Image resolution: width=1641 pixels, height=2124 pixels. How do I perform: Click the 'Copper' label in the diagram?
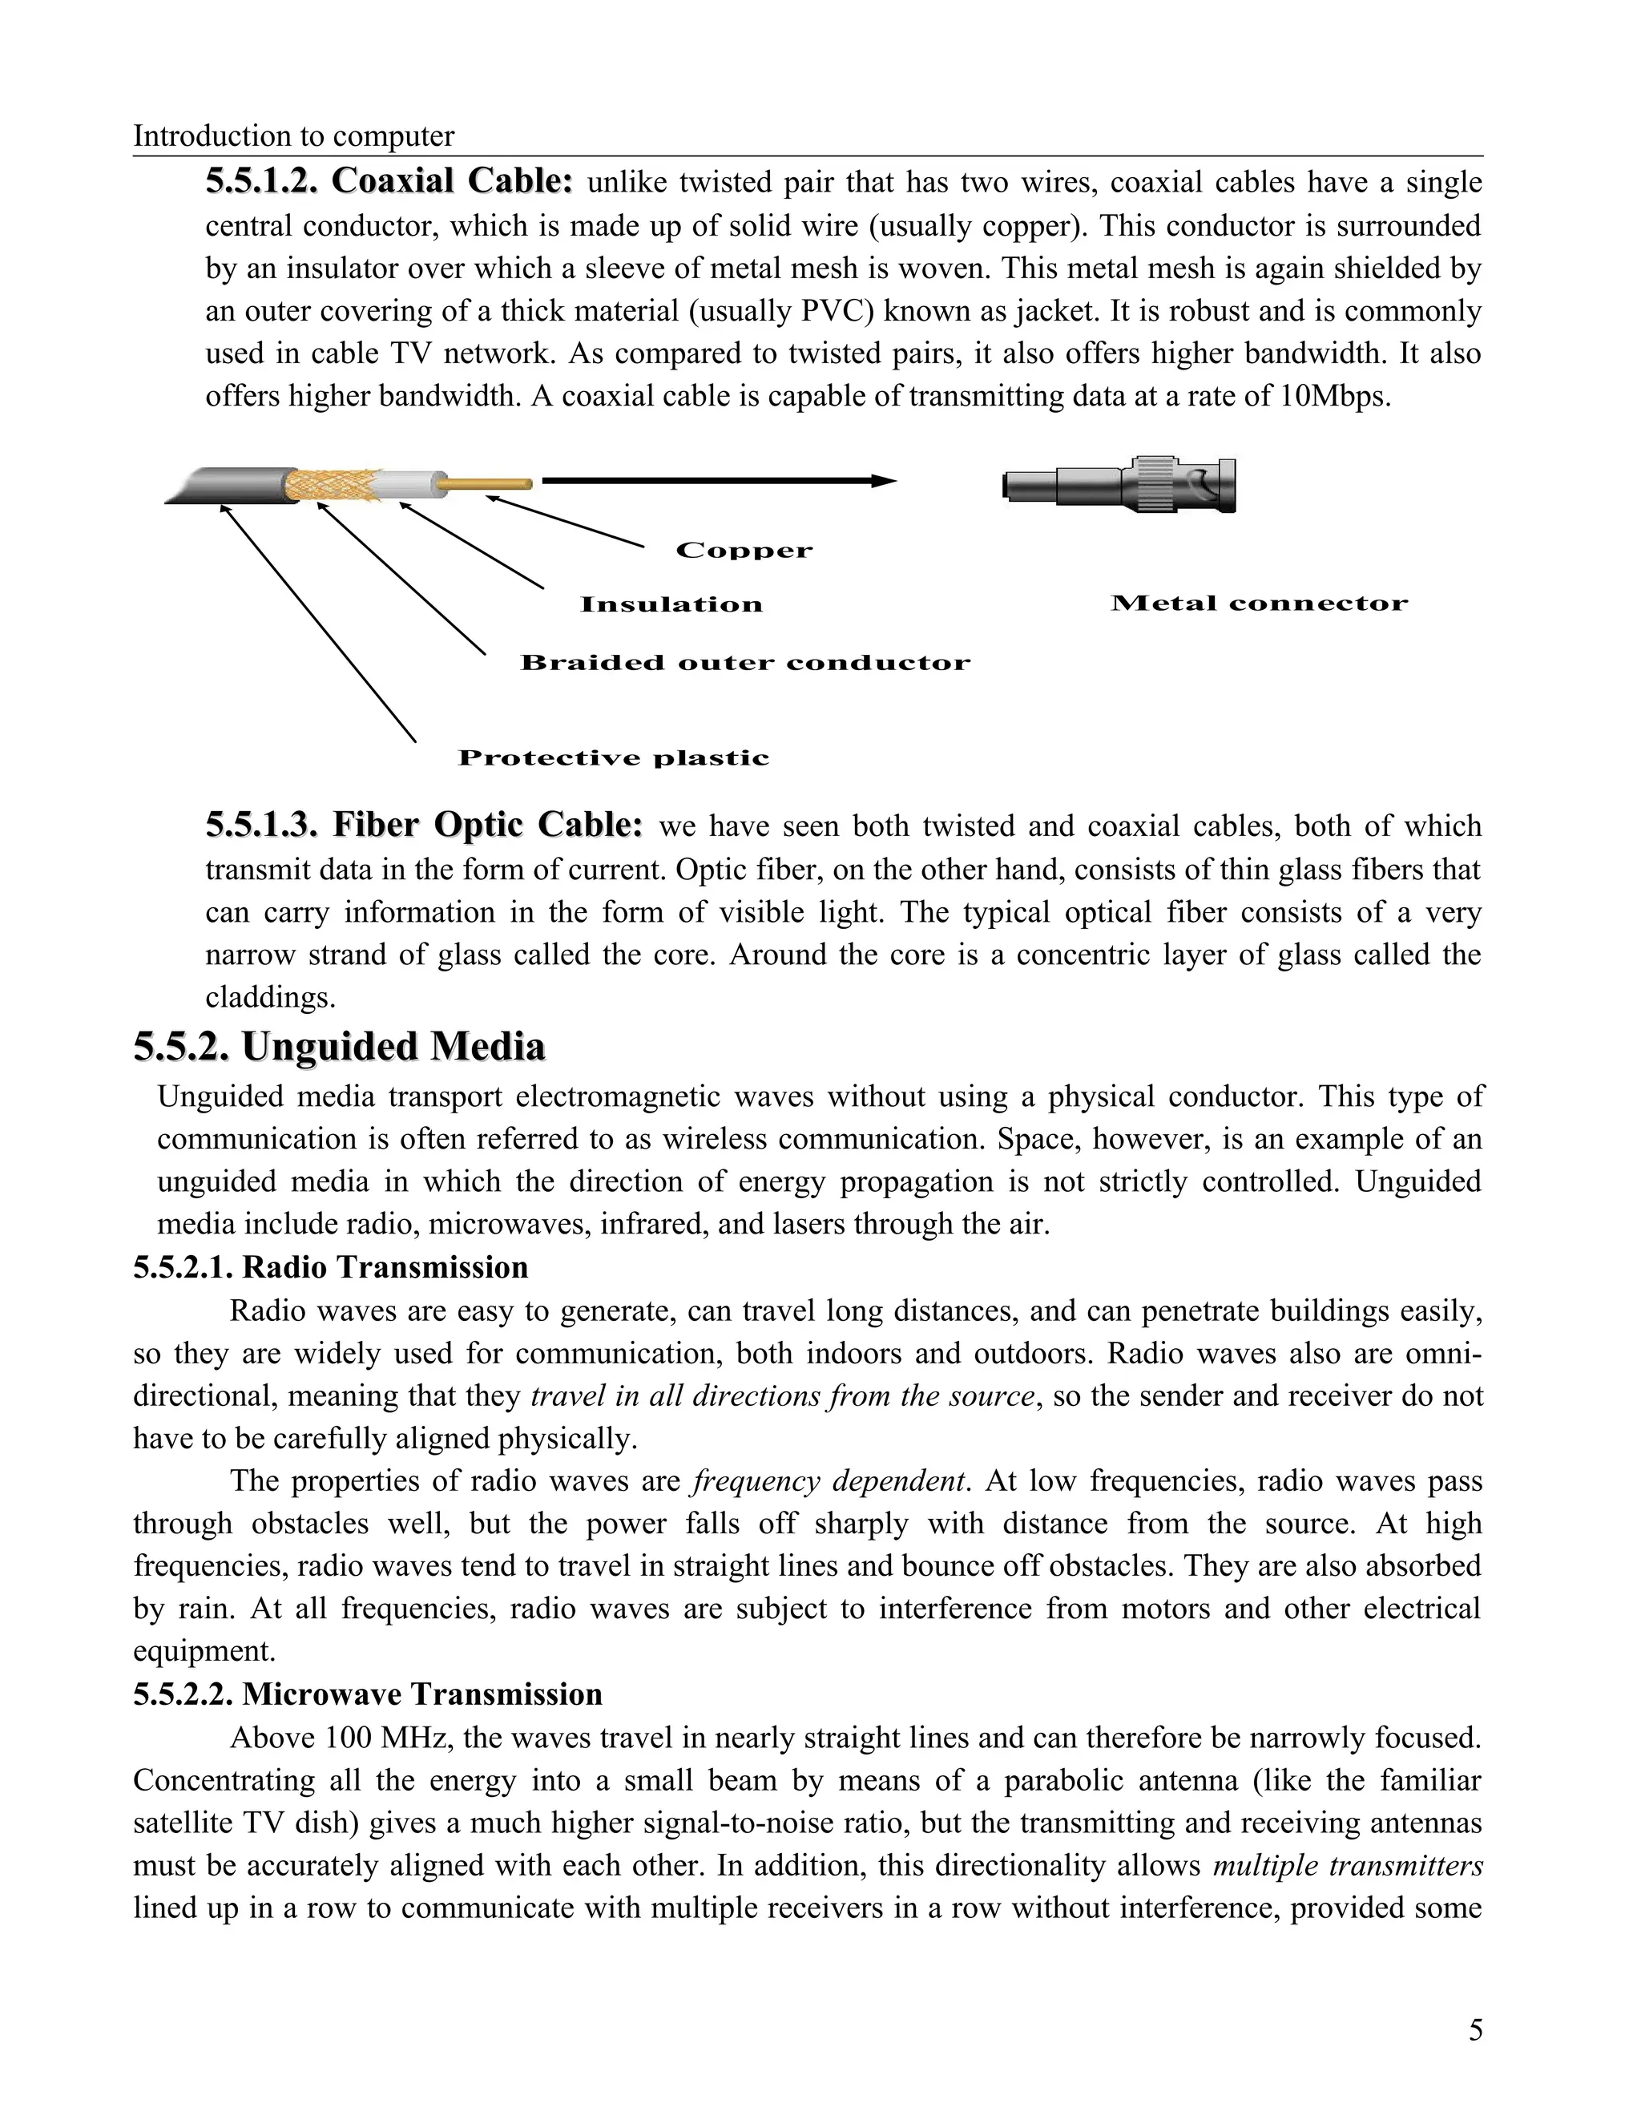(x=744, y=551)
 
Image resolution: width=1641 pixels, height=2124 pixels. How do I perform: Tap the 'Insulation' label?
(x=671, y=605)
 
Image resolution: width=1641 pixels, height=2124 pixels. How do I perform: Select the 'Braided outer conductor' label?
(x=744, y=664)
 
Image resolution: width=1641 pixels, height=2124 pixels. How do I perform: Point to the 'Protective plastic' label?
(x=614, y=757)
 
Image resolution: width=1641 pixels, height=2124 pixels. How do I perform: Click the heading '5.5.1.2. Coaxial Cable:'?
(x=389, y=181)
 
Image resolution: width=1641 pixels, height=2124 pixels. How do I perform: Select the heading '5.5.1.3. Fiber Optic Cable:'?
(x=424, y=825)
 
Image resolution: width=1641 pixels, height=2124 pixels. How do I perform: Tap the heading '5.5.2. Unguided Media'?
(x=339, y=1047)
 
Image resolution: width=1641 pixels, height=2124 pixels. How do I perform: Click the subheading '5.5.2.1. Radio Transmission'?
(x=331, y=1267)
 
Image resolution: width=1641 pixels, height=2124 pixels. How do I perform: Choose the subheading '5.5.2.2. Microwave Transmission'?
(x=368, y=1694)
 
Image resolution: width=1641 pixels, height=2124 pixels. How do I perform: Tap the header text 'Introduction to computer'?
(x=293, y=135)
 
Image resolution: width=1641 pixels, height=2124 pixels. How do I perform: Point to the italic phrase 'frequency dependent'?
(x=829, y=1480)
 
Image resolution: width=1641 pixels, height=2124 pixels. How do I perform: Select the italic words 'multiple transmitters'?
(x=1348, y=1865)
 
